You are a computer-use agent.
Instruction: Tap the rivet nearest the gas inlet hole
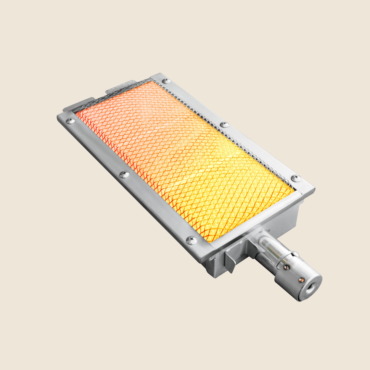tap(300, 280)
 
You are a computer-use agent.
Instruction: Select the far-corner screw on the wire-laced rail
tap(166, 81)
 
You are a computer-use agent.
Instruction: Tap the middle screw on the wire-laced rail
tap(224, 124)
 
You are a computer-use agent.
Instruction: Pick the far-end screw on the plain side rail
tap(70, 121)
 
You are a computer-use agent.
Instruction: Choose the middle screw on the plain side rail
tap(124, 174)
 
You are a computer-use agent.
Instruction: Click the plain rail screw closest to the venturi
tap(191, 240)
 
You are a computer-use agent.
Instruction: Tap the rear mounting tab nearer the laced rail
tap(122, 86)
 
